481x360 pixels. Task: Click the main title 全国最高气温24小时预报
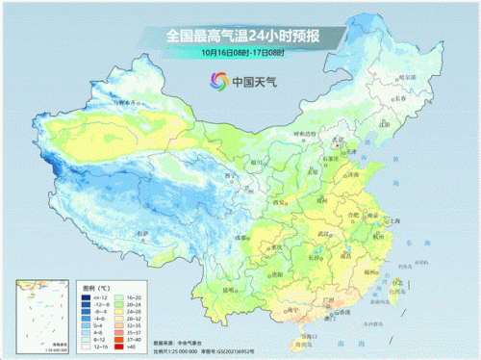240,36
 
